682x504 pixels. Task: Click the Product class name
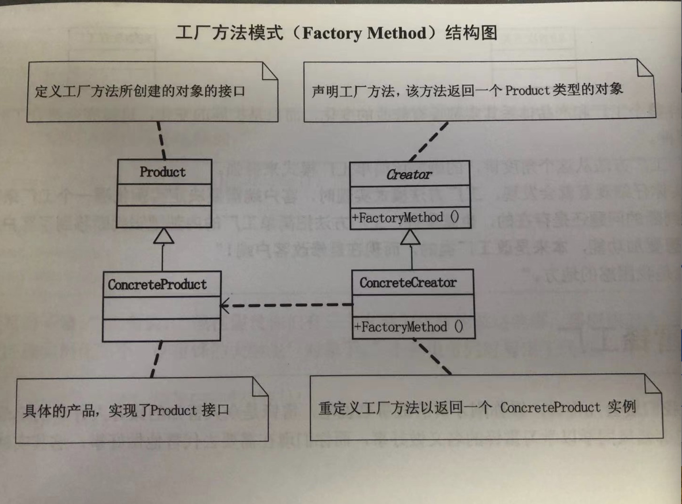[x=162, y=172]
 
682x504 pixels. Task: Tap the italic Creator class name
[x=409, y=174]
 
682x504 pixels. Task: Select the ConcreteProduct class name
[x=157, y=285]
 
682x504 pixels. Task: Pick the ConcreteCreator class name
[x=408, y=283]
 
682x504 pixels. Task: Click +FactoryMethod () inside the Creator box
[x=405, y=218]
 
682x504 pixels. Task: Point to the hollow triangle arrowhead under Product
[x=164, y=236]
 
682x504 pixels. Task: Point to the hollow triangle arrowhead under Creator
[x=410, y=237]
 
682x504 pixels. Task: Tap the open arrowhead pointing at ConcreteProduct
[x=224, y=306]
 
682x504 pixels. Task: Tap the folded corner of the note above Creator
[x=645, y=68]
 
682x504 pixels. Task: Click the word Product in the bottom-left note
[x=173, y=410]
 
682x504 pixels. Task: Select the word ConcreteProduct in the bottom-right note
[x=550, y=407]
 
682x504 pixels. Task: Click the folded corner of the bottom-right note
[x=652, y=384]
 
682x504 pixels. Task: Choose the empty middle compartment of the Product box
[x=164, y=195]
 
